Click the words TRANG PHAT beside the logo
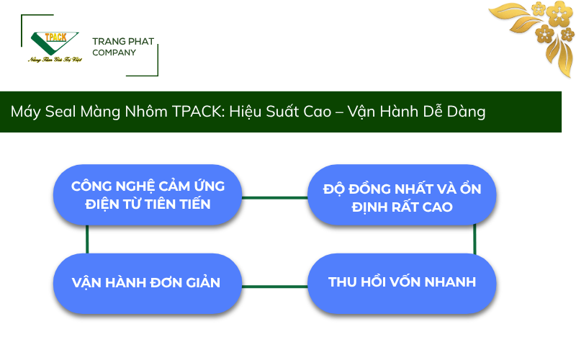pyautogui.click(x=123, y=42)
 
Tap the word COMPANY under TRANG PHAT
pyautogui.click(x=114, y=53)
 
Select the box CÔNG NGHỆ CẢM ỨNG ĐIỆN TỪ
pyautogui.click(x=148, y=195)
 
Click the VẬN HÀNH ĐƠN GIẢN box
pyautogui.click(x=148, y=282)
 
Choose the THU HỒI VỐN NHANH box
pyautogui.click(x=402, y=282)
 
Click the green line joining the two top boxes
pyautogui.click(x=274, y=197)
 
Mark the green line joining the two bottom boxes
pyautogui.click(x=274, y=285)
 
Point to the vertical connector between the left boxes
pyautogui.click(x=87, y=238)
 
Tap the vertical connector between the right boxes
pyautogui.click(x=474, y=239)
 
